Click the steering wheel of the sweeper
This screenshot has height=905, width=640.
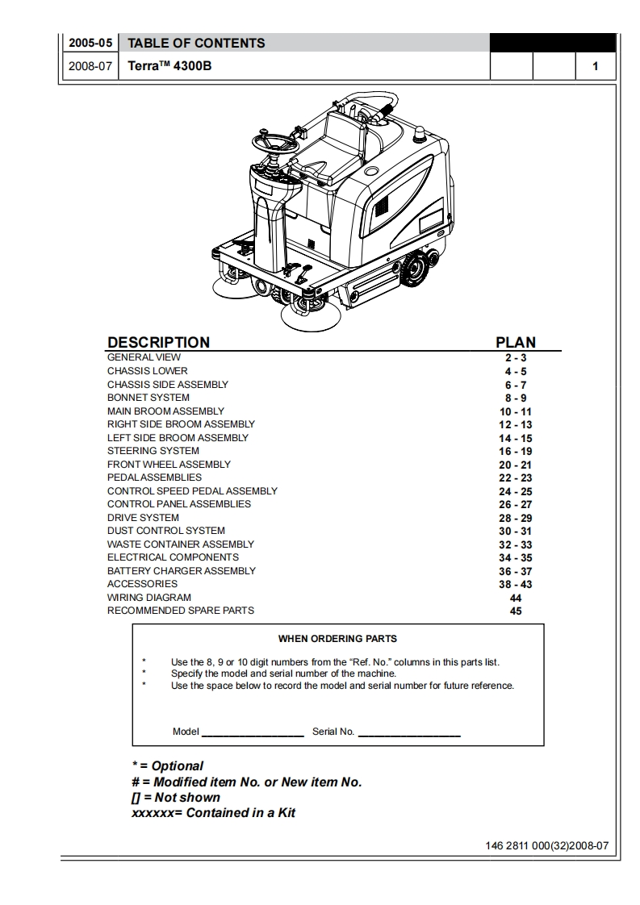point(274,144)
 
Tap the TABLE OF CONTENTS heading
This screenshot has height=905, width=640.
point(196,43)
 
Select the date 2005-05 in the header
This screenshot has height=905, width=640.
point(90,43)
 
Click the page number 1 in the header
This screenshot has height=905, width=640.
point(595,66)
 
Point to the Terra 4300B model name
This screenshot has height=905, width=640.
point(169,66)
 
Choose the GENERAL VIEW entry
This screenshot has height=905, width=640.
point(144,357)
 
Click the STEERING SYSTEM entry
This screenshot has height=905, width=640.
point(153,451)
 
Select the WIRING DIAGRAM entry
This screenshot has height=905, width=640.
point(148,598)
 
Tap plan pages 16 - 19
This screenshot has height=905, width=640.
point(515,452)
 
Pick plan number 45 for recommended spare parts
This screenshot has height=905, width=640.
point(516,611)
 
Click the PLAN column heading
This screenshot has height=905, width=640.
point(515,342)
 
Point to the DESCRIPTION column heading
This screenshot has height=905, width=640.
point(158,342)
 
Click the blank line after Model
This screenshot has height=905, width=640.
point(253,732)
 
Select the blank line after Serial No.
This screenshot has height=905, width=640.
point(408,732)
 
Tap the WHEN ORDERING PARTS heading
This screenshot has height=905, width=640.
point(337,639)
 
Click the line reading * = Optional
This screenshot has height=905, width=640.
point(167,765)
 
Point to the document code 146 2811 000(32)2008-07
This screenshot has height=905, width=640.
point(546,847)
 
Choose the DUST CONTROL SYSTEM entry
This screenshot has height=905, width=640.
point(165,531)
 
